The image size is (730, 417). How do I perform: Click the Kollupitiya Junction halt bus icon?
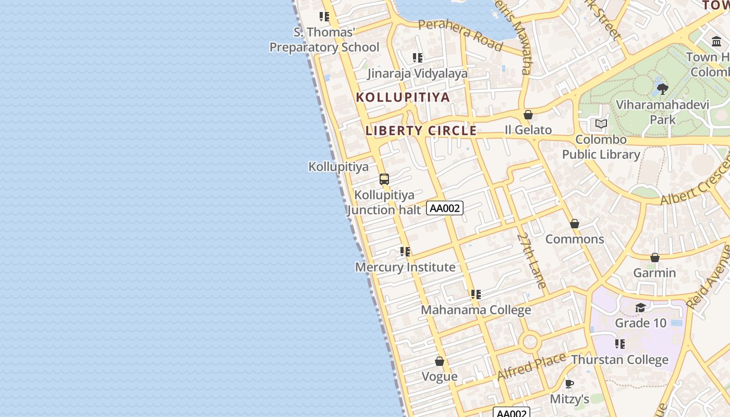[x=384, y=179]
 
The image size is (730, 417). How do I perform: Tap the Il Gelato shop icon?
[x=528, y=115]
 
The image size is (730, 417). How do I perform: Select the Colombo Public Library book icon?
[x=601, y=124]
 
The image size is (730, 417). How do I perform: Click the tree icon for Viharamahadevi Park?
[x=663, y=89]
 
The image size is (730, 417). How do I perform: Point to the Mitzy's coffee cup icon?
[x=569, y=384]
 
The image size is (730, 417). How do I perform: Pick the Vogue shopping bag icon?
[x=440, y=361]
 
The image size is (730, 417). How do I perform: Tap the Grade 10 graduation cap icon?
[x=640, y=308]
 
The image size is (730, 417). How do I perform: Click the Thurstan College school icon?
[x=619, y=344]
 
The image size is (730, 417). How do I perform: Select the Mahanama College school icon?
[x=476, y=295]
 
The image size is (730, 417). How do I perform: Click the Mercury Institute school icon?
[x=405, y=252]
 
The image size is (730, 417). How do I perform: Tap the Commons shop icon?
[x=575, y=224]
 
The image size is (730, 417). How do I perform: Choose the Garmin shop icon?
[x=655, y=257]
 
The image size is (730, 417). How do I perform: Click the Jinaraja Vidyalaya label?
[x=418, y=73]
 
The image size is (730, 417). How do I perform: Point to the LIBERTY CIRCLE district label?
[x=421, y=130]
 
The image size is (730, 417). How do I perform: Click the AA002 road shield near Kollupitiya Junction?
[x=445, y=208]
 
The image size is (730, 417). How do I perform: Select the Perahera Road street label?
[x=460, y=35]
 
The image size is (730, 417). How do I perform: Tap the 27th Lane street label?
[x=532, y=260]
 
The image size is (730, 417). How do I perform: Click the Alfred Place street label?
[x=531, y=366]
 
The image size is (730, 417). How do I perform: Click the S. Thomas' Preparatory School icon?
[x=324, y=17]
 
